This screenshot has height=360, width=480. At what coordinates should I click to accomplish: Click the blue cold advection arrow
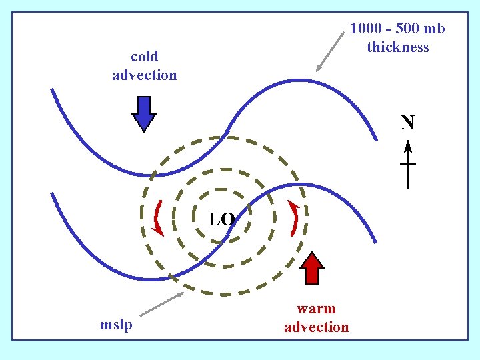(x=144, y=114)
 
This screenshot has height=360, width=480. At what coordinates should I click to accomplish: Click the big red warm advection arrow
(x=311, y=269)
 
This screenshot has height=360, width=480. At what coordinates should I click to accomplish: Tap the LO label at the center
(x=221, y=219)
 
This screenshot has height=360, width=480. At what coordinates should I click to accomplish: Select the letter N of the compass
(x=407, y=123)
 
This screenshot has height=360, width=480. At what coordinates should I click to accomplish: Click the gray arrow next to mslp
(x=162, y=303)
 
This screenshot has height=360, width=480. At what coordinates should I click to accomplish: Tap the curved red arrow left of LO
(x=157, y=217)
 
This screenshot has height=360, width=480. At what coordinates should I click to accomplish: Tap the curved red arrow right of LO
(x=294, y=217)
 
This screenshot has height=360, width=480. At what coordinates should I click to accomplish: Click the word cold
(x=144, y=57)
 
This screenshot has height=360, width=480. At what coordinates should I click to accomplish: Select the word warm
(x=316, y=309)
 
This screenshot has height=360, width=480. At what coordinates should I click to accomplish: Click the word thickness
(x=398, y=47)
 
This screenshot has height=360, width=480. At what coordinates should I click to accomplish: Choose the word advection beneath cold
(x=145, y=75)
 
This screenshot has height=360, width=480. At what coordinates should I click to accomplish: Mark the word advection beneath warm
(x=316, y=327)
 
